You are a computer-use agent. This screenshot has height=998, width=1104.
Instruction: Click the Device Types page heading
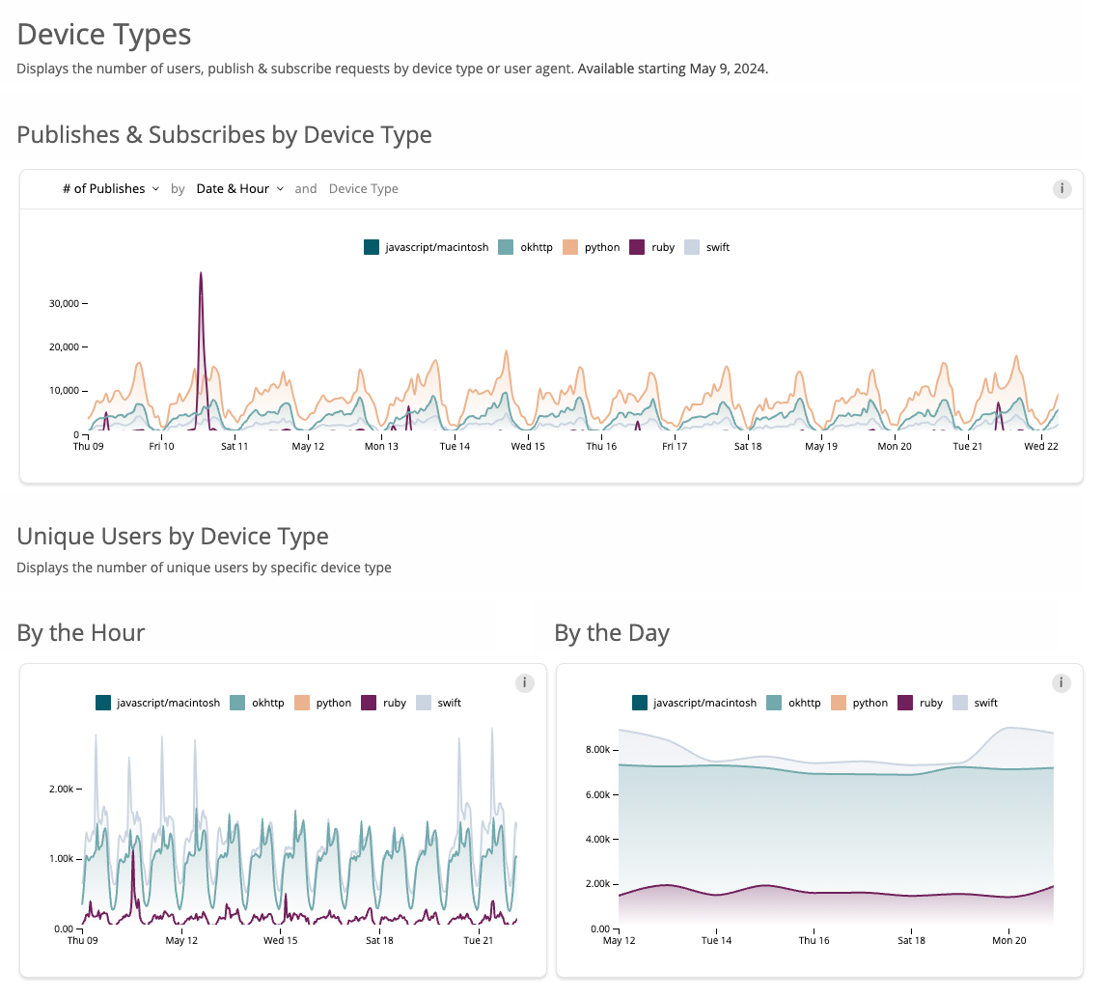pyautogui.click(x=104, y=35)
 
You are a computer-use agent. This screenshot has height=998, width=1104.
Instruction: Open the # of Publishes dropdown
pyautogui.click(x=110, y=189)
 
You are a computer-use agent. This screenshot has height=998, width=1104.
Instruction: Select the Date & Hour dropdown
pyautogui.click(x=239, y=189)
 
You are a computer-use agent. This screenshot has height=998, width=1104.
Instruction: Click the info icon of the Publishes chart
pyautogui.click(x=1062, y=189)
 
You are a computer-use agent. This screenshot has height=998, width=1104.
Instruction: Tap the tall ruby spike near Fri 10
pyautogui.click(x=201, y=290)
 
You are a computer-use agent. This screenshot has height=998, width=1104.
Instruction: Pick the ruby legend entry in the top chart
pyautogui.click(x=652, y=247)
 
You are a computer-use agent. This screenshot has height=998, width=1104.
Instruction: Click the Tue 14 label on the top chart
pyautogui.click(x=455, y=447)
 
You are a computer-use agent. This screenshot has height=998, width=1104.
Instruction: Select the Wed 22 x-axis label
pyautogui.click(x=1040, y=447)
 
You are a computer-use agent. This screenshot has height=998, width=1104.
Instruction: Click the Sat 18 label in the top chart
pyautogui.click(x=748, y=447)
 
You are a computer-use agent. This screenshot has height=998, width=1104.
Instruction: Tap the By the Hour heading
pyautogui.click(x=81, y=633)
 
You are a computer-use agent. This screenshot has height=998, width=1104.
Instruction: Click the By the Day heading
pyautogui.click(x=612, y=633)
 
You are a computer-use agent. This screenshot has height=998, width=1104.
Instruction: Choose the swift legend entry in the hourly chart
pyautogui.click(x=439, y=703)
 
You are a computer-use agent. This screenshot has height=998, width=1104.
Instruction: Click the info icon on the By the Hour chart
pyautogui.click(x=525, y=683)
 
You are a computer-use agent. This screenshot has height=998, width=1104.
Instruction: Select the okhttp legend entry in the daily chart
pyautogui.click(x=793, y=703)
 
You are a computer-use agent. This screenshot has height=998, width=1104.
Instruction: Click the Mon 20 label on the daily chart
pyautogui.click(x=1008, y=941)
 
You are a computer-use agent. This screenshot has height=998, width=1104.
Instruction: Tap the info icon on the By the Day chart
pyautogui.click(x=1062, y=683)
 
